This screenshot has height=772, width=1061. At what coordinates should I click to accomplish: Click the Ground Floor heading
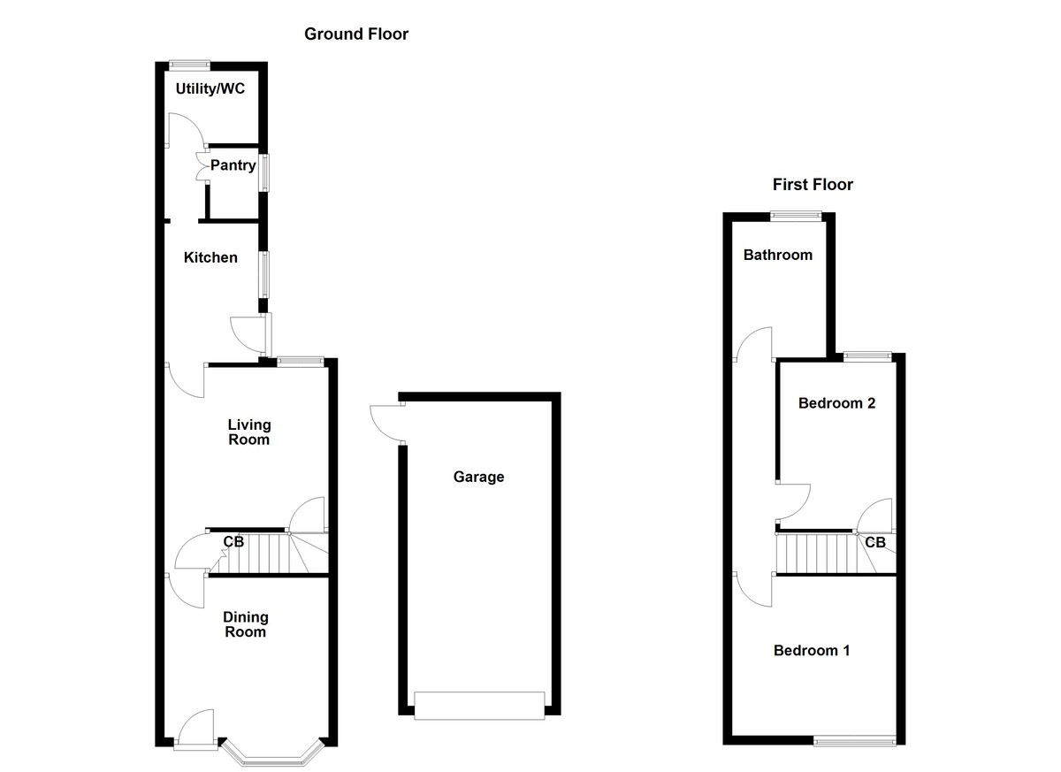356,34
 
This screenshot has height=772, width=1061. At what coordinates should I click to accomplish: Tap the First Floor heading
813,185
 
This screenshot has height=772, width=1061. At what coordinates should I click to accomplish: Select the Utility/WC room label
210,89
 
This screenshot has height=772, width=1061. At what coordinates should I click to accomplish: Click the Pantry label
233,165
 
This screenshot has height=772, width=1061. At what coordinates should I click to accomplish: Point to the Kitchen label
210,258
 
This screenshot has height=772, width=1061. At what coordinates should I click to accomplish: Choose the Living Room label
248,432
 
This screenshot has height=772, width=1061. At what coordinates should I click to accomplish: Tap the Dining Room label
245,624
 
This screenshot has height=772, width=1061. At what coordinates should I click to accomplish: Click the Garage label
478,478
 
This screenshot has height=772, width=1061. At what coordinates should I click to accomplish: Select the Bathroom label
777,256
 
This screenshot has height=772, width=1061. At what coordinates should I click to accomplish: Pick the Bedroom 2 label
836,403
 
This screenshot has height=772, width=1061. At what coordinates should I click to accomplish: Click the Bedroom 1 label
812,651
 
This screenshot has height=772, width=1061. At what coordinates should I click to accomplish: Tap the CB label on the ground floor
233,541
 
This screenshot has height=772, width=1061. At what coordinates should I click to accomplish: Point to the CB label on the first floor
875,542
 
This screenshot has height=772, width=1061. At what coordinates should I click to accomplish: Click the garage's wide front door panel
479,705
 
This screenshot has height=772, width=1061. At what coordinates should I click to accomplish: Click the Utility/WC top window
190,64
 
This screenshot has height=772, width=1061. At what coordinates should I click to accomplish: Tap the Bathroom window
796,214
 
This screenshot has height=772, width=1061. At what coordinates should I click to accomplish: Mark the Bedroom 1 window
854,741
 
